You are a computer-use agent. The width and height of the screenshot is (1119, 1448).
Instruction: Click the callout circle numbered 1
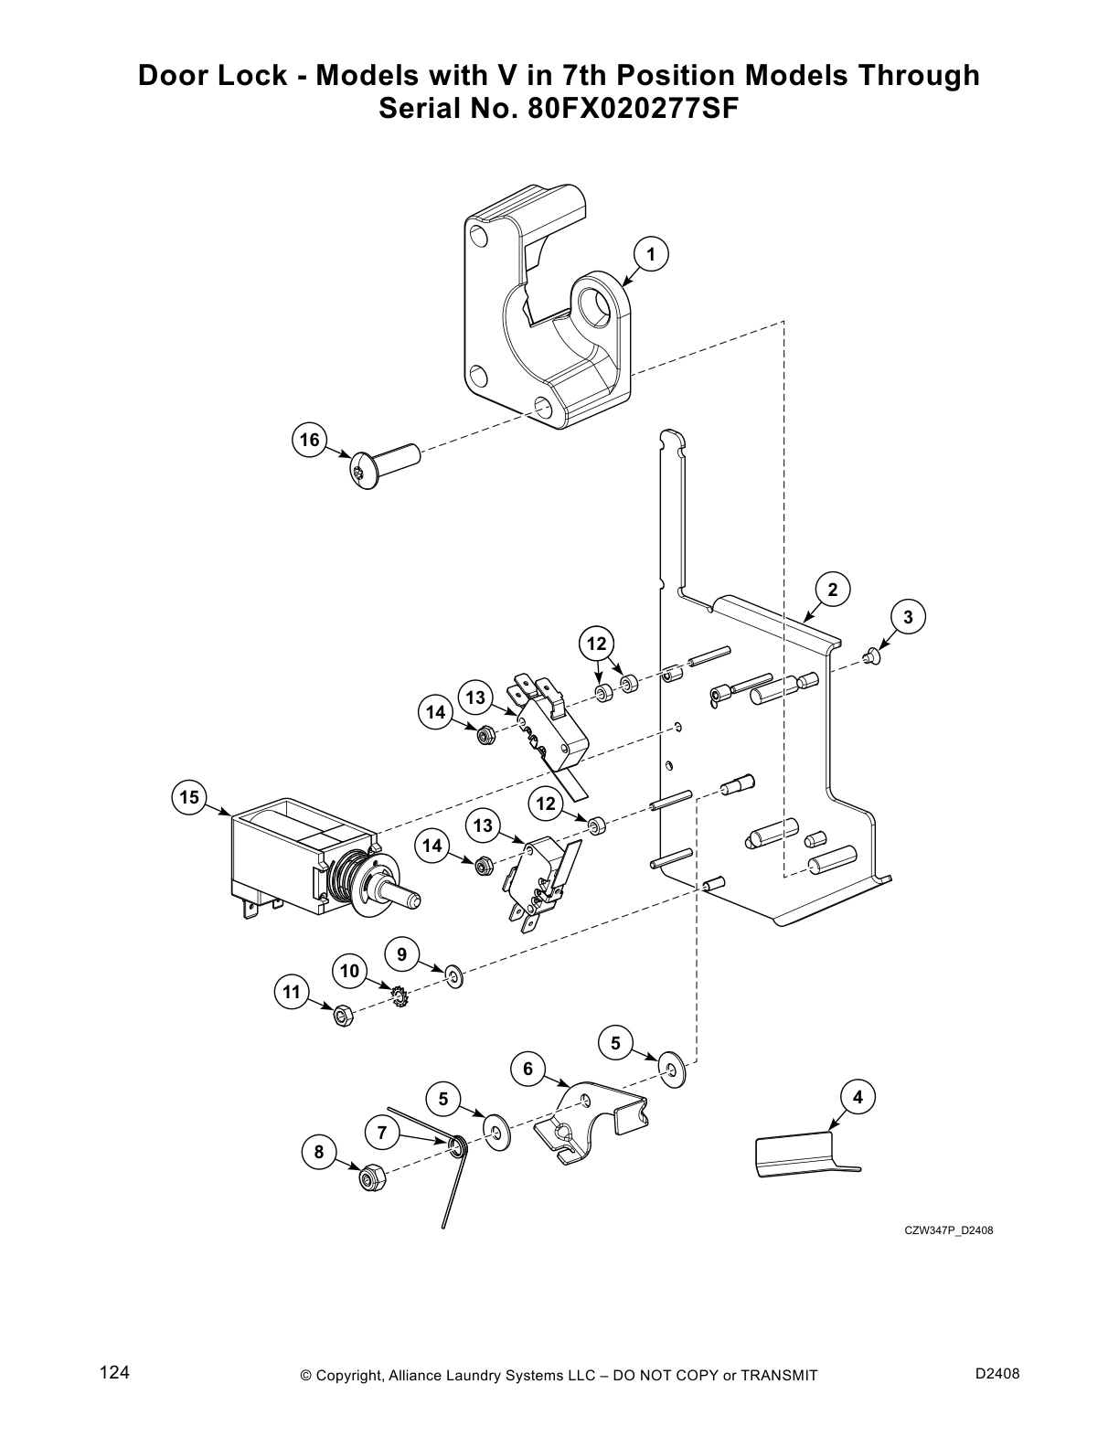pos(650,254)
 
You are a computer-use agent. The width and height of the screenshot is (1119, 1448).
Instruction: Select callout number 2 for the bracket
pos(832,590)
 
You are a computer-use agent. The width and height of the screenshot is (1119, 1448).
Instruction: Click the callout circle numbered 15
pos(188,797)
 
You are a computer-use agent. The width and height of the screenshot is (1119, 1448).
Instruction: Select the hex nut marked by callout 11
pos(340,1016)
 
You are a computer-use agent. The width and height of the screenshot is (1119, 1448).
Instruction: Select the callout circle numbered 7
pos(382,1133)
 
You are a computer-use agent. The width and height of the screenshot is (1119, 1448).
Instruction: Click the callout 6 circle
pos(528,1069)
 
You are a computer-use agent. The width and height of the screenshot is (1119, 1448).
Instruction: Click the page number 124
pos(114,1373)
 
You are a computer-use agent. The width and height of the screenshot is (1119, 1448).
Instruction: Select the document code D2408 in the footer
pos(997,1373)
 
